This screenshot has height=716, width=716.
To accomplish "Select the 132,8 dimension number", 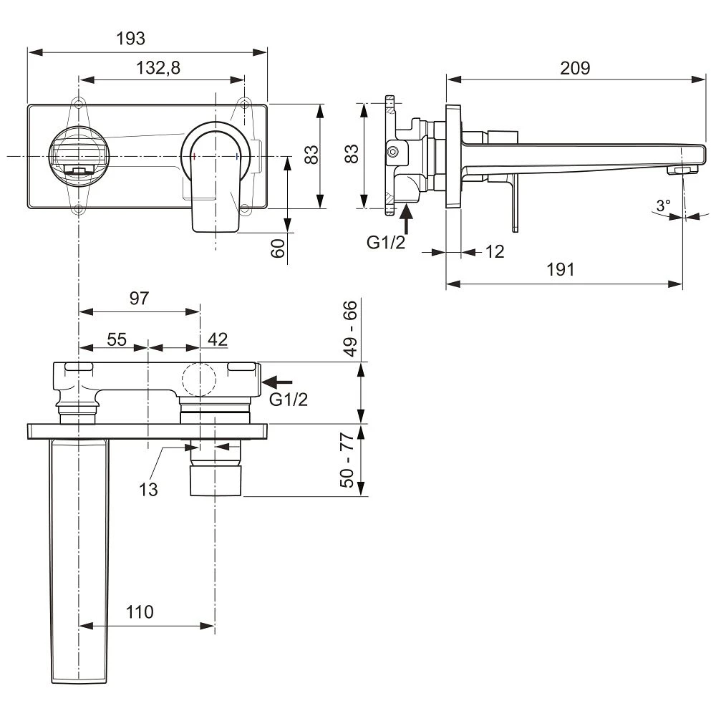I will point(158,68).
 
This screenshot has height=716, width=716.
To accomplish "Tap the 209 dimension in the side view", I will point(575,68).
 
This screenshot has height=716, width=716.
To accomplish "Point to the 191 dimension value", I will point(561,270).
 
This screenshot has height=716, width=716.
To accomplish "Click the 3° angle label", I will point(663,205).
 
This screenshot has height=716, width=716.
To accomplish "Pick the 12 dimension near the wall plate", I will point(495,251).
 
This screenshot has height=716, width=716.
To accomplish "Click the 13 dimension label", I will point(149,489).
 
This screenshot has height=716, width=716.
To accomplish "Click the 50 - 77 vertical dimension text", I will point(349,460).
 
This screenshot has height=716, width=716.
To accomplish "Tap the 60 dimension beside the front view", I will point(279,248).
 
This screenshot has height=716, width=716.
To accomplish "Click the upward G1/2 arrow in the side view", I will point(407,219).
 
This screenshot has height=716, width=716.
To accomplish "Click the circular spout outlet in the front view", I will point(78,156).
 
